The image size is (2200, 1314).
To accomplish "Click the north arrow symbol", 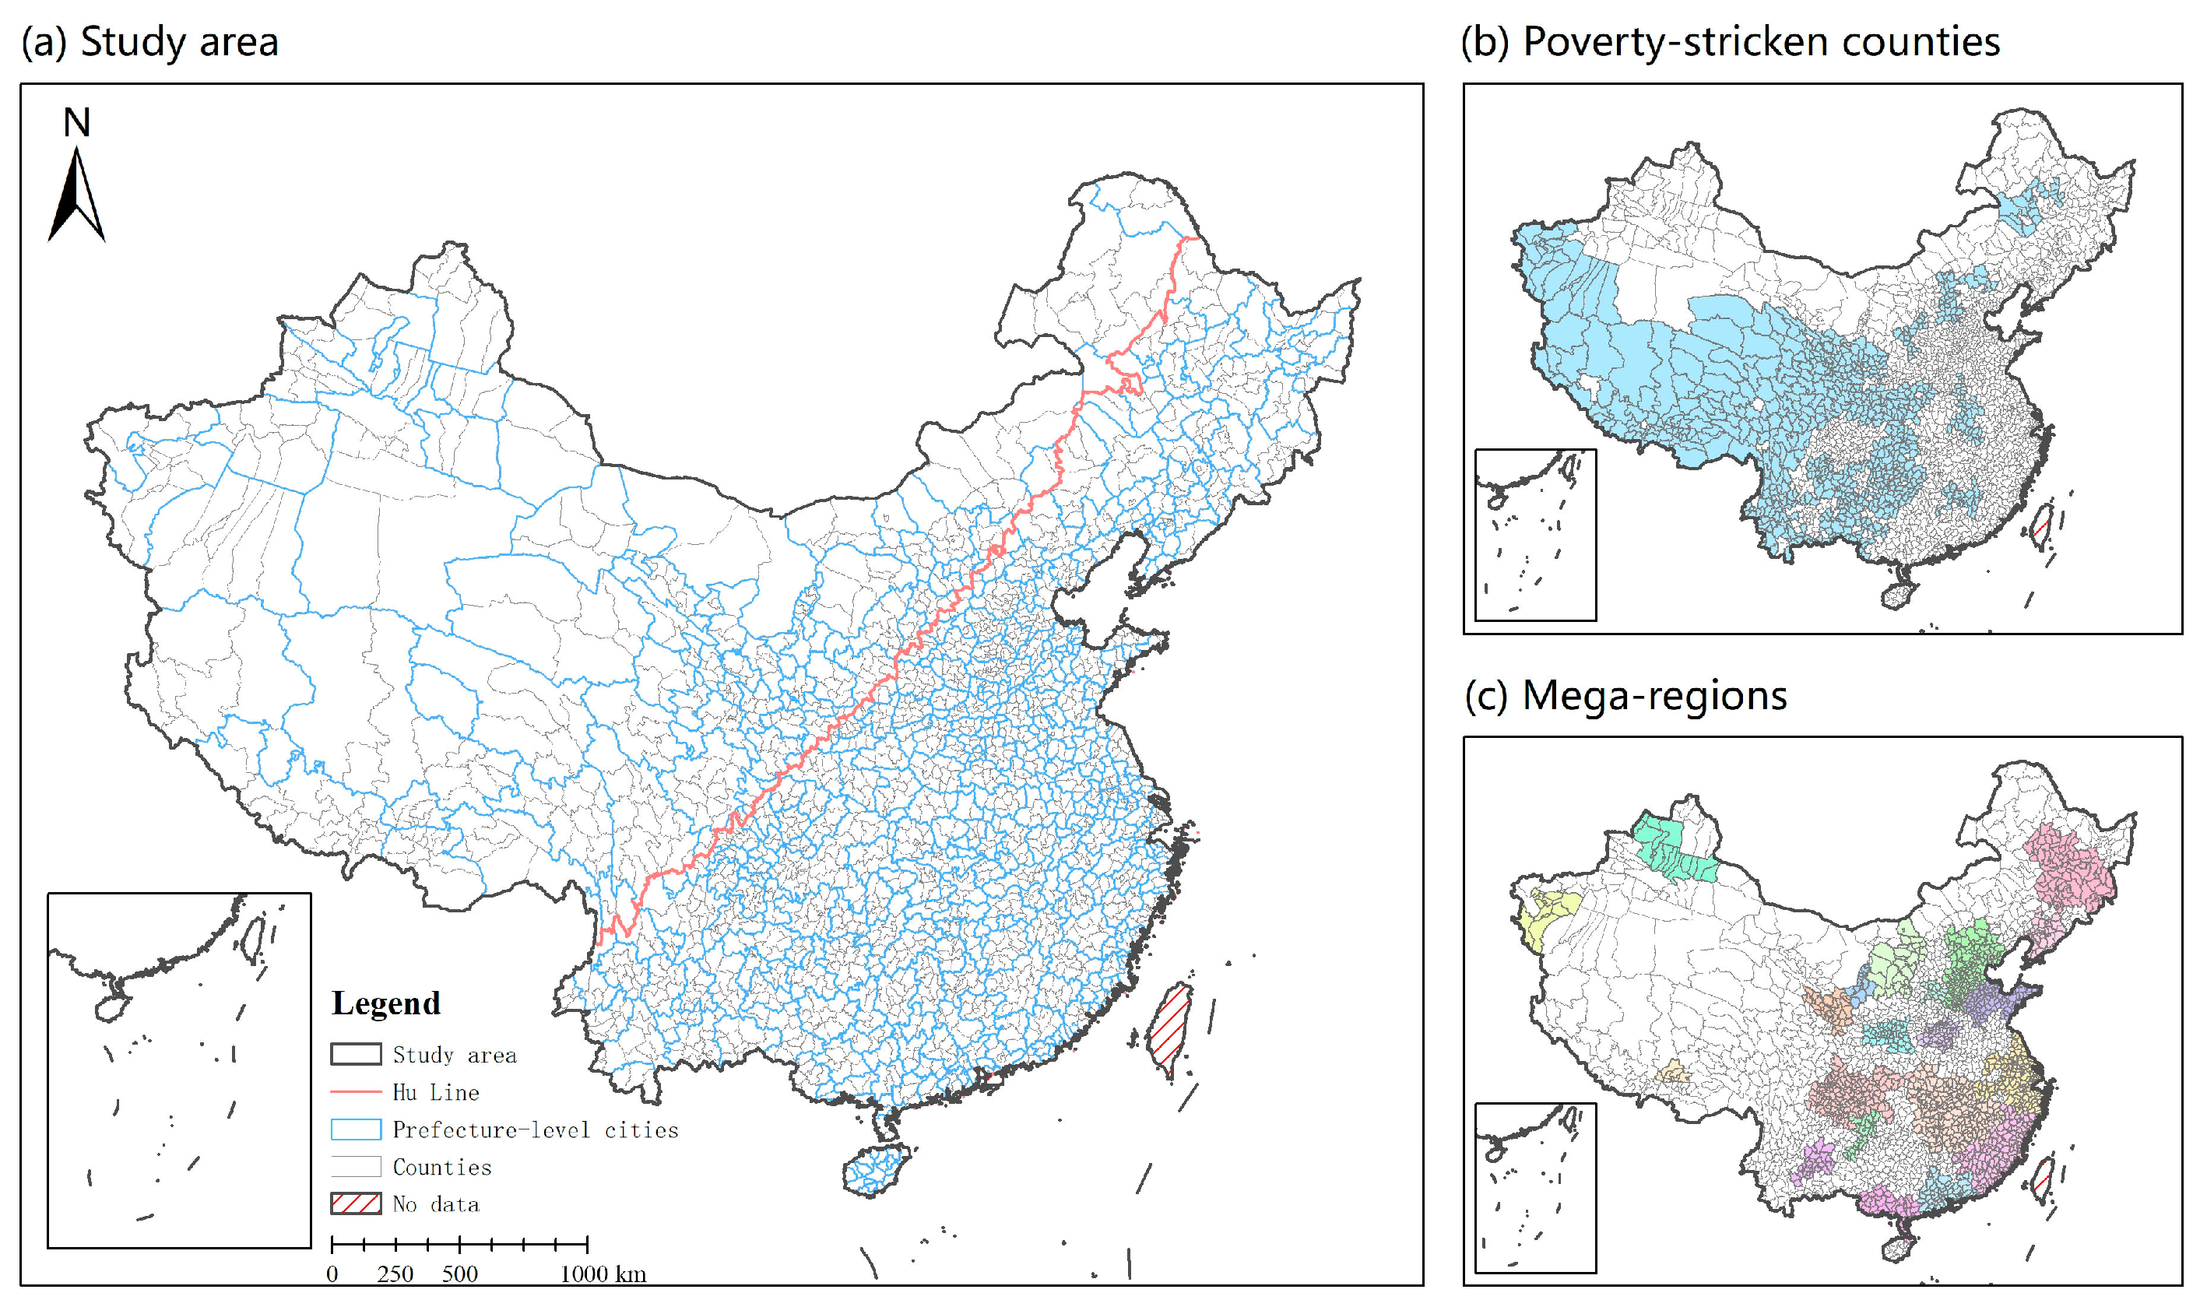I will pyautogui.click(x=77, y=197).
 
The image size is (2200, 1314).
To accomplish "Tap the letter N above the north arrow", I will pyautogui.click(x=77, y=122).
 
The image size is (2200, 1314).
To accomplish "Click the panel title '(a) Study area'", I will pyautogui.click(x=149, y=41).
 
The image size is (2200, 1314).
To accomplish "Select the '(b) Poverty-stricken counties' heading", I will pyautogui.click(x=1730, y=41).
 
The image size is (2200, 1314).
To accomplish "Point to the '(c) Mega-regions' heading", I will pyautogui.click(x=1625, y=695).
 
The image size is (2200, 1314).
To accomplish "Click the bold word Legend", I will pyautogui.click(x=385, y=1003).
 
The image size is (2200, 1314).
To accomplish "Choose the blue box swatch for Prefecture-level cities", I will pyautogui.click(x=356, y=1130).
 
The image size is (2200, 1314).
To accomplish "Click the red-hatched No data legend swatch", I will pyautogui.click(x=356, y=1204).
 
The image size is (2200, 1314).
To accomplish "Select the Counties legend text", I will pyautogui.click(x=441, y=1167).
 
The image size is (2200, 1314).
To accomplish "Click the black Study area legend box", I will pyautogui.click(x=356, y=1055).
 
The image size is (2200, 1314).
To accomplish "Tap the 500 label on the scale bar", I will pyautogui.click(x=459, y=1274).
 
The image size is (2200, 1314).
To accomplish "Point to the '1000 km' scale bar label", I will pyautogui.click(x=602, y=1274).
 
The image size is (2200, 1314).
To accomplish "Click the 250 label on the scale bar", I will pyautogui.click(x=395, y=1274).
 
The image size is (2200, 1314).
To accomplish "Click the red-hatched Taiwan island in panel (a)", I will pyautogui.click(x=1169, y=1031).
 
